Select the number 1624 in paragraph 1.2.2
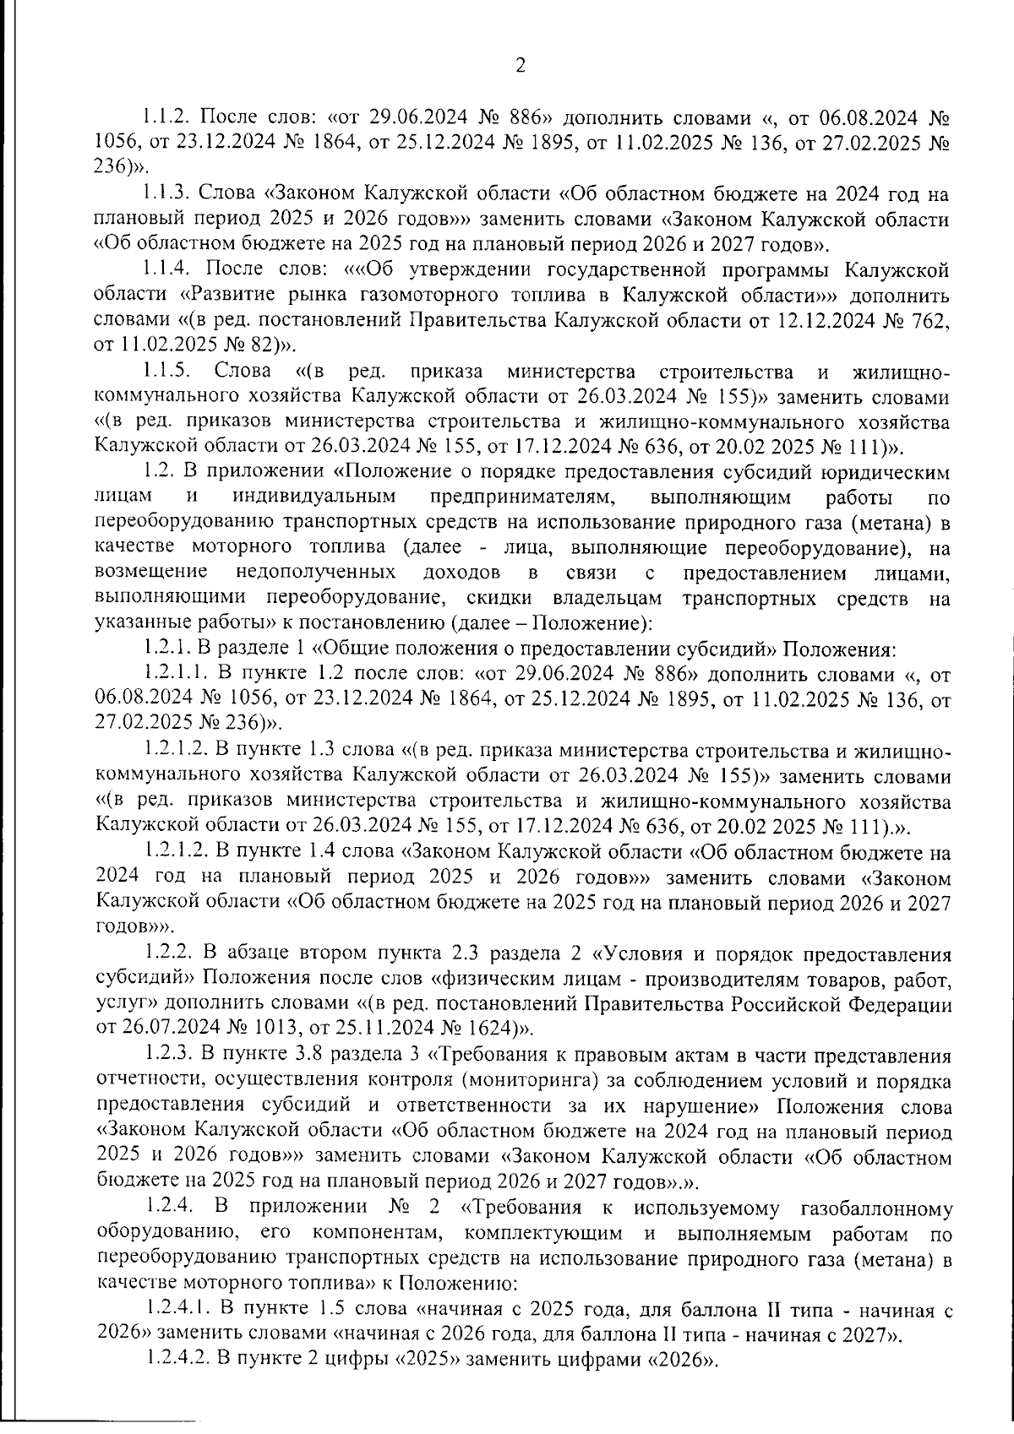tap(495, 1029)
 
